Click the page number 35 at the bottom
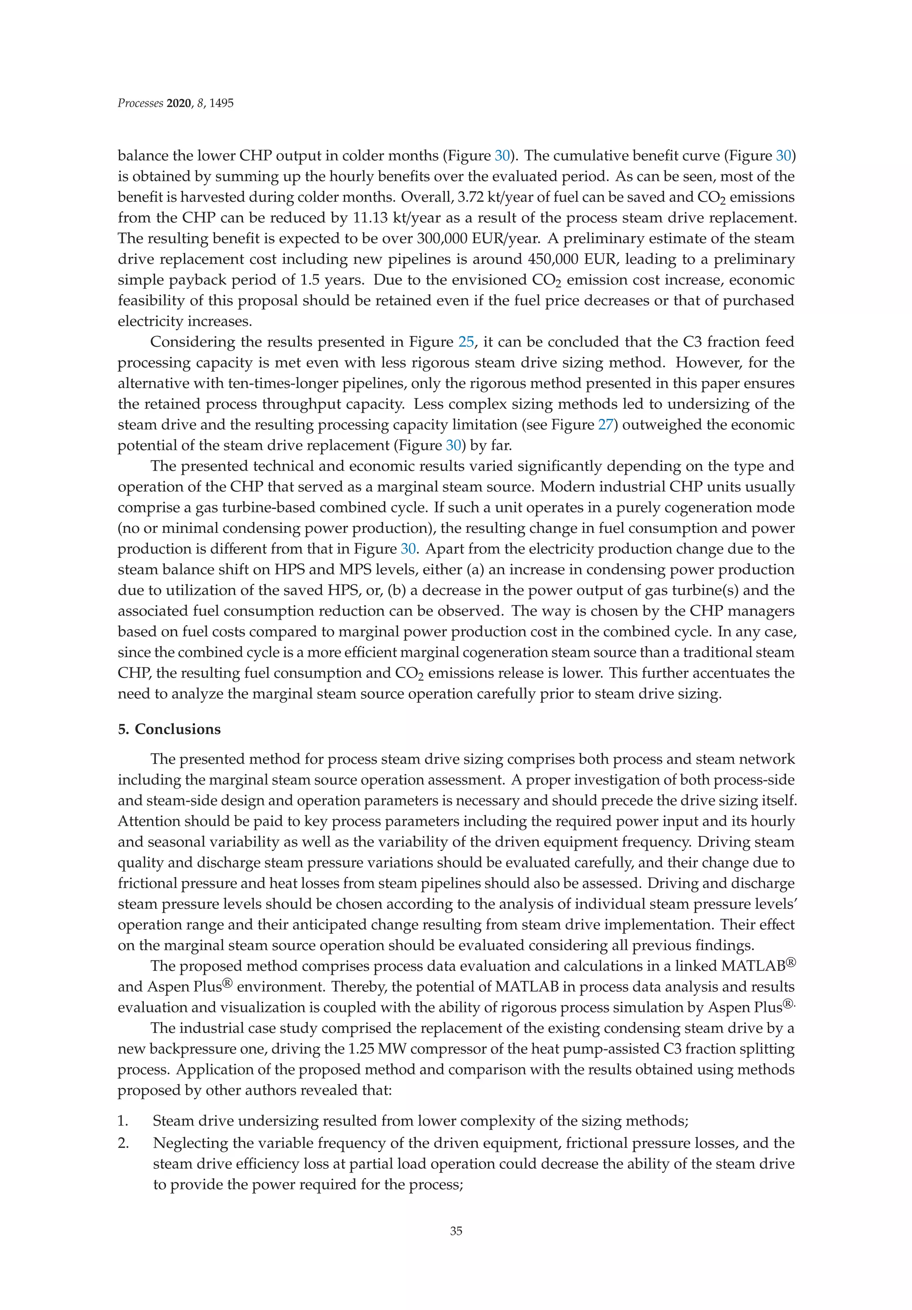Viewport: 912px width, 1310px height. pos(456,1231)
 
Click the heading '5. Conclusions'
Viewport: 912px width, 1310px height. pos(169,729)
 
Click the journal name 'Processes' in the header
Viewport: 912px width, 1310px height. pos(140,103)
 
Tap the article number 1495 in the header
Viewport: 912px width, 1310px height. pos(221,103)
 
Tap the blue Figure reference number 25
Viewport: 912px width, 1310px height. pos(466,342)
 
